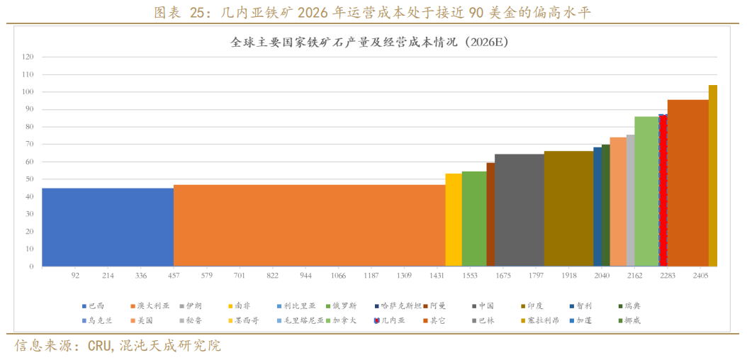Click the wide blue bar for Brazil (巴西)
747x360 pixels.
pyautogui.click(x=108, y=227)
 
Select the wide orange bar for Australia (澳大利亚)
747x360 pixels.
pyautogui.click(x=309, y=225)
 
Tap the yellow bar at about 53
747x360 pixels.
pyautogui.click(x=454, y=220)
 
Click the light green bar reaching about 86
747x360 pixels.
pyautogui.click(x=646, y=191)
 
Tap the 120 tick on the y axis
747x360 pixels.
pyautogui.click(x=28, y=57)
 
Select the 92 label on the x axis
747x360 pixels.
pyautogui.click(x=75, y=275)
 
